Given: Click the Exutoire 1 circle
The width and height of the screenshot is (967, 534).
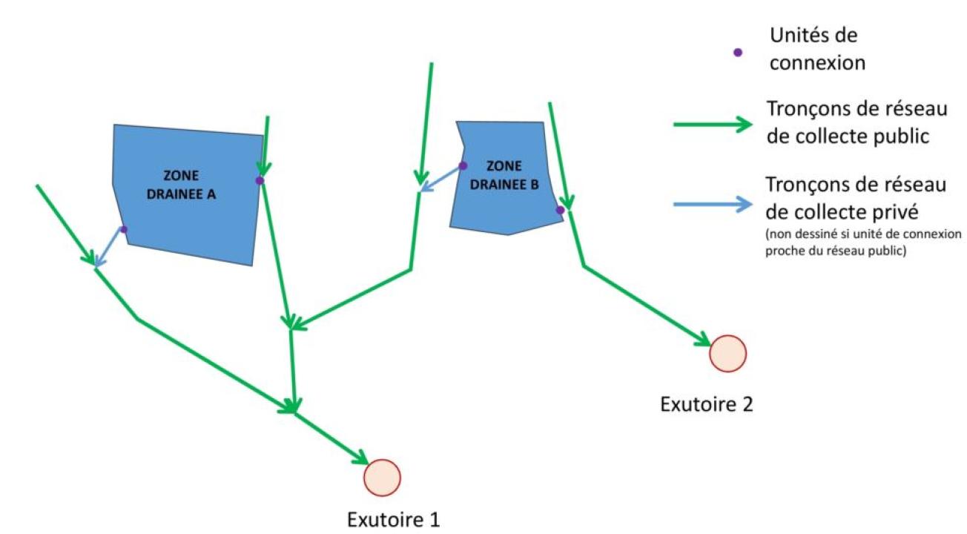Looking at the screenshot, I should point(383,478).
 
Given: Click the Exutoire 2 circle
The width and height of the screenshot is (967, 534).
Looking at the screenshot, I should point(727,353).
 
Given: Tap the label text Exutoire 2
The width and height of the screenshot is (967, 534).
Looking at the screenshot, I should point(707,404).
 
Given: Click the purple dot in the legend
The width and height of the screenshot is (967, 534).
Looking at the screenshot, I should point(737,53).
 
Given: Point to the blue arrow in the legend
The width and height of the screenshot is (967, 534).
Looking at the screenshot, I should point(712,205).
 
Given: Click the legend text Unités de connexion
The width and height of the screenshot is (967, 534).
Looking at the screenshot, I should point(817,49).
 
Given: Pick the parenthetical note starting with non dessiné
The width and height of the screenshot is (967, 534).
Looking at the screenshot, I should point(862,242).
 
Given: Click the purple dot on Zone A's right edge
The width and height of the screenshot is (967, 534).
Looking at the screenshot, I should point(260,180).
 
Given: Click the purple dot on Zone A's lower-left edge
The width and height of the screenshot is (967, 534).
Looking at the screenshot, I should point(124,229).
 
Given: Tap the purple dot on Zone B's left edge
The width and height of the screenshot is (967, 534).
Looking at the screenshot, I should point(463,165).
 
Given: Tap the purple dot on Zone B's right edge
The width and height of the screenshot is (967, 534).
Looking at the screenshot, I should point(560,210).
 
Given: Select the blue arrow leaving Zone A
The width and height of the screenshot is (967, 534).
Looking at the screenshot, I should point(108,247).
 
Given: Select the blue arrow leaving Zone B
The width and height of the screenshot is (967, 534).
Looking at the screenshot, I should point(440,179).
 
